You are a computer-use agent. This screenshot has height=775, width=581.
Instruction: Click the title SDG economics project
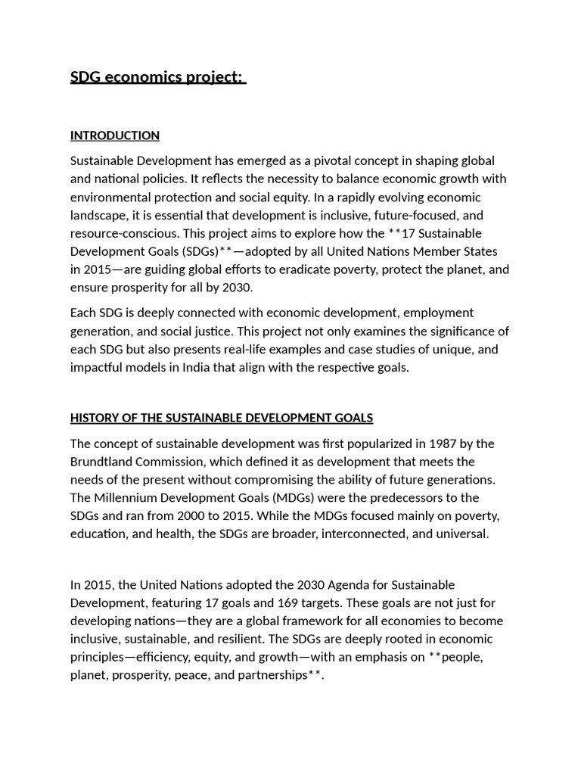(157, 77)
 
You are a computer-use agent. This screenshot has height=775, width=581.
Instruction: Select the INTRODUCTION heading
(114, 135)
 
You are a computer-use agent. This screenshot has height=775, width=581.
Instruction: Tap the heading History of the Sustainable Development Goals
(221, 418)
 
